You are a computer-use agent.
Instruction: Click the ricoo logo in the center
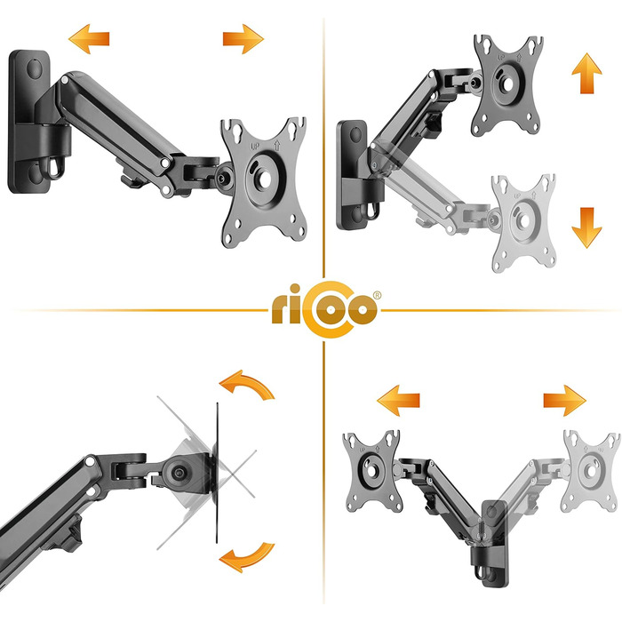tap(324, 309)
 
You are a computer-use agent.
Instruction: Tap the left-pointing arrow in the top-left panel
tap(89, 39)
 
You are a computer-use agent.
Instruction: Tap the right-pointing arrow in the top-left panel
tap(243, 39)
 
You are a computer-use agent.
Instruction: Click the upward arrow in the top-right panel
tap(586, 74)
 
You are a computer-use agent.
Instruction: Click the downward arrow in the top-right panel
tap(586, 227)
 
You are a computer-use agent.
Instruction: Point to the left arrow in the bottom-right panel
tap(398, 400)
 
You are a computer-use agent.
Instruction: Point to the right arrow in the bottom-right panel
tap(564, 400)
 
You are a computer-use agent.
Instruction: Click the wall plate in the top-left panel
tap(28, 122)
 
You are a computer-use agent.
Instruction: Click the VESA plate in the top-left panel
tap(263, 181)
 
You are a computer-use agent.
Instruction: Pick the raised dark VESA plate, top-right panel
tap(507, 85)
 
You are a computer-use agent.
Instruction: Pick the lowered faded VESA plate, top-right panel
tap(523, 222)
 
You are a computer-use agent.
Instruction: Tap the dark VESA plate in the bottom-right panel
tap(371, 471)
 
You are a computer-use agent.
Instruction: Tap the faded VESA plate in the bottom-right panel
tap(591, 471)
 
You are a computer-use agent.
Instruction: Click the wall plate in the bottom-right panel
tap(494, 544)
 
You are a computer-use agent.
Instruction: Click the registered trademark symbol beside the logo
tap(377, 295)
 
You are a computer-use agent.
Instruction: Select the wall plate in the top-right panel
tap(352, 174)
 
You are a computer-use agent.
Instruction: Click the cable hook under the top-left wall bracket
tap(55, 167)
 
